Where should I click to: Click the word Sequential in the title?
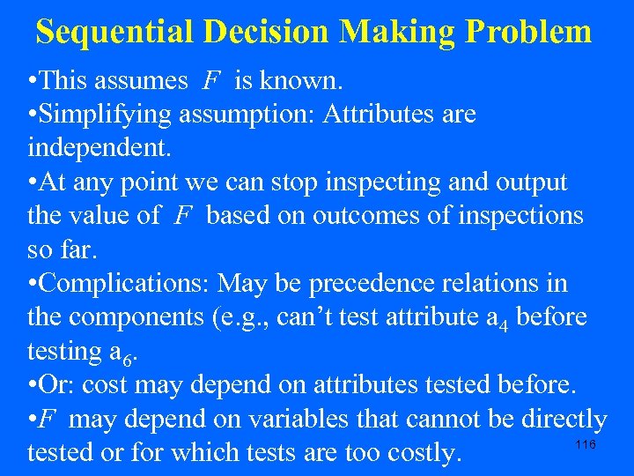point(115,32)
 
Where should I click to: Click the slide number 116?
point(586,444)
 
